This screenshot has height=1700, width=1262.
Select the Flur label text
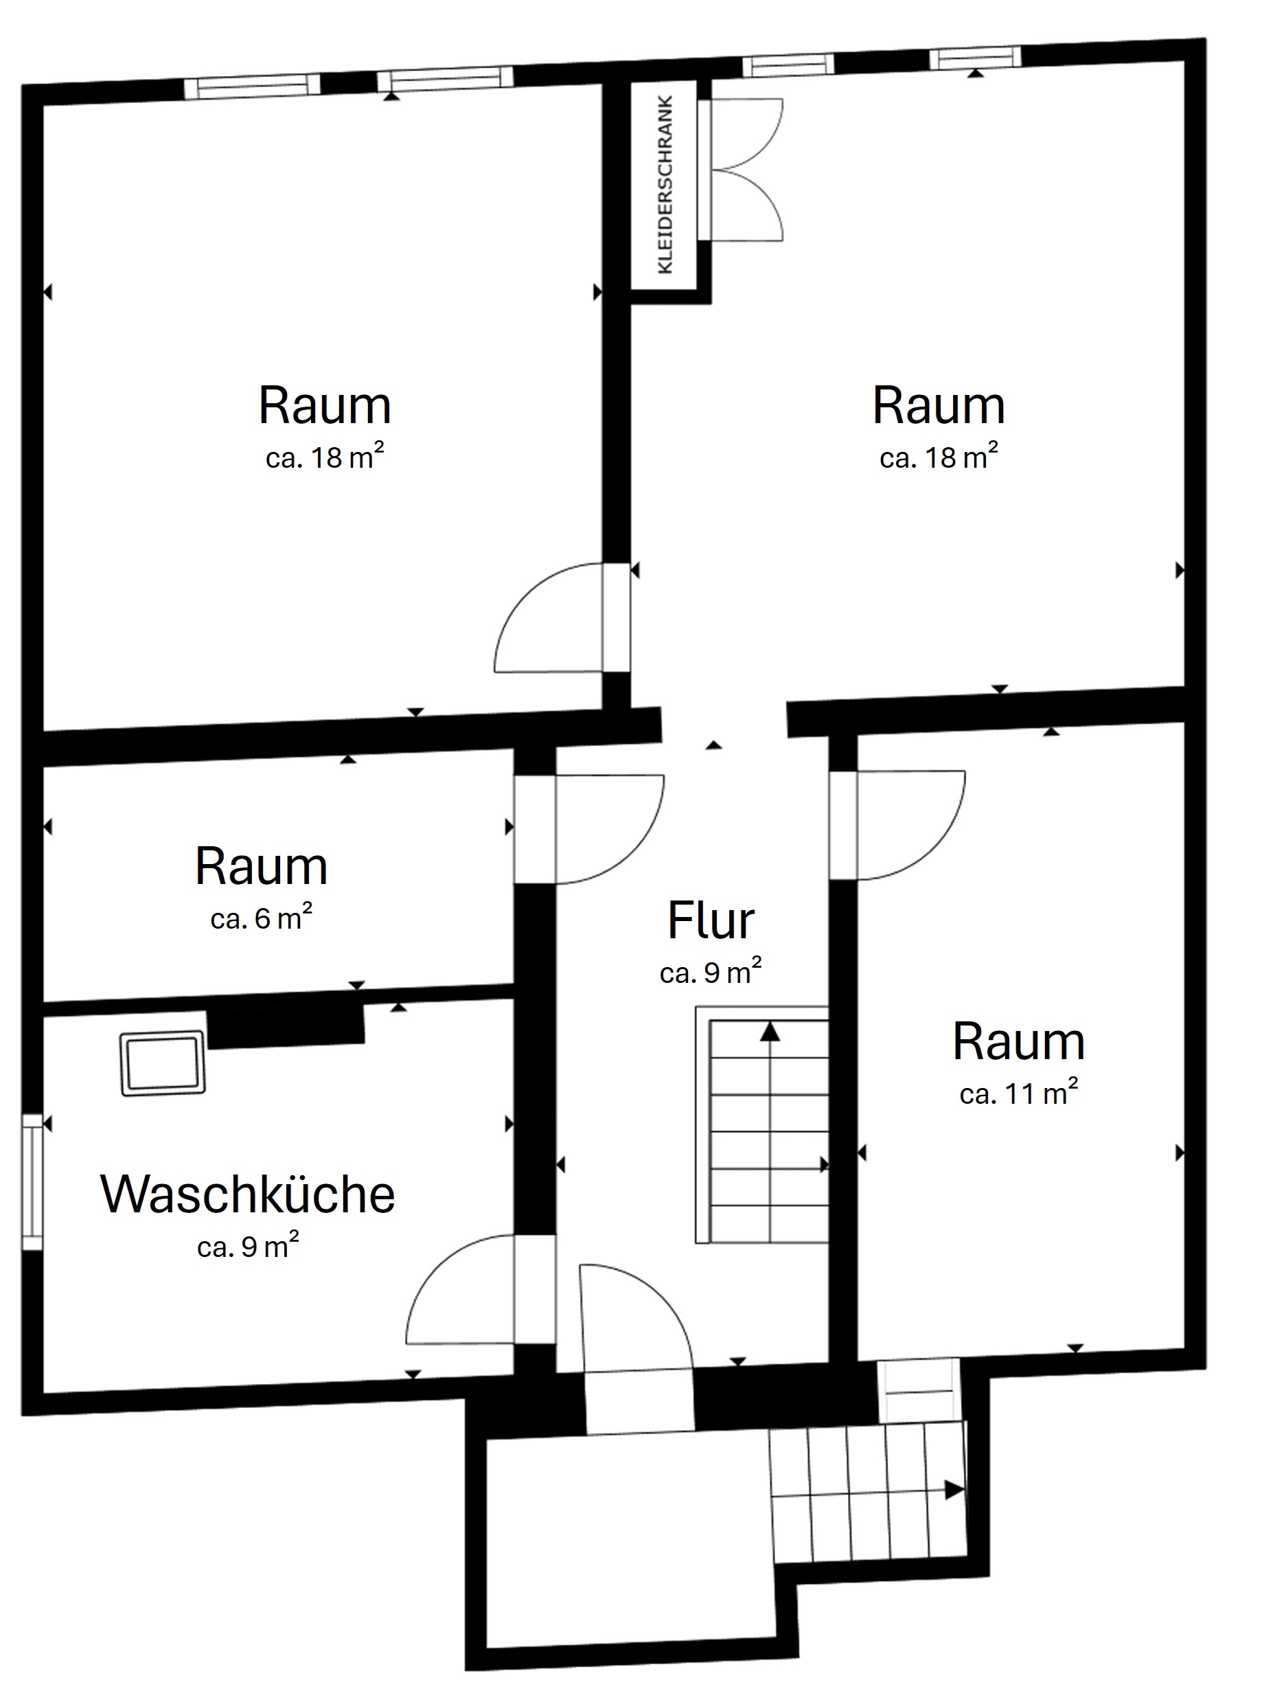(x=711, y=922)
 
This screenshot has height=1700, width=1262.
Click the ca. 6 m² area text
(x=262, y=918)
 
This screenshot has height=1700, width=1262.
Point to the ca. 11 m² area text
(x=1018, y=1094)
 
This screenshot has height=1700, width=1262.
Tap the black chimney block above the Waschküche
(x=286, y=1025)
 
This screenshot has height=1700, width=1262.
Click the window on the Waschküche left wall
(x=32, y=1182)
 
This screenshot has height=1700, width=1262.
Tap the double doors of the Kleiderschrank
(x=745, y=169)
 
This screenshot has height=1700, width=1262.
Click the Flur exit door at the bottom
(x=638, y=1318)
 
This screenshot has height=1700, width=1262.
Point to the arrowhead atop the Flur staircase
(x=769, y=1033)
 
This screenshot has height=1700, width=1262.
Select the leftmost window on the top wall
(x=252, y=86)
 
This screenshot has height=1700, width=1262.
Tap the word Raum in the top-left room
(x=325, y=406)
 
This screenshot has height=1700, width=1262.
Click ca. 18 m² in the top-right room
(x=938, y=457)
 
